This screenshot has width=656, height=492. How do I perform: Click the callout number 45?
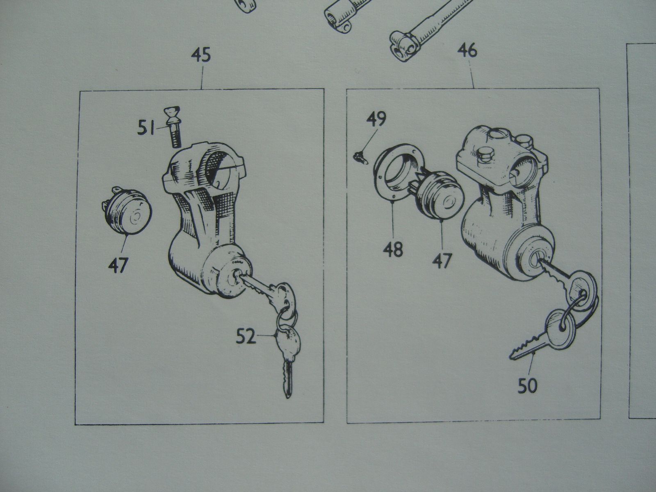[201, 56]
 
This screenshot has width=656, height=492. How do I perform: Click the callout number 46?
[467, 51]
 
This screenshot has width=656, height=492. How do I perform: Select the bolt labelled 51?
[173, 127]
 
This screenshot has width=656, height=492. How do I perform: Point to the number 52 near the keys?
[246, 337]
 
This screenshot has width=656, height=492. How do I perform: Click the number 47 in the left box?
[118, 265]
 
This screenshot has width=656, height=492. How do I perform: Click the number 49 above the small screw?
[376, 119]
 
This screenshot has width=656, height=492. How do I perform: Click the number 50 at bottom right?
[528, 385]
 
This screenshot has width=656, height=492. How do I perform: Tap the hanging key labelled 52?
[288, 360]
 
